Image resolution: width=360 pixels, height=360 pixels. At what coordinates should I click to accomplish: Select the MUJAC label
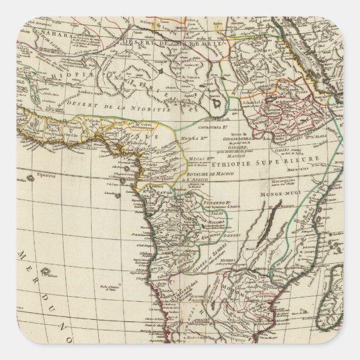(199, 160)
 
